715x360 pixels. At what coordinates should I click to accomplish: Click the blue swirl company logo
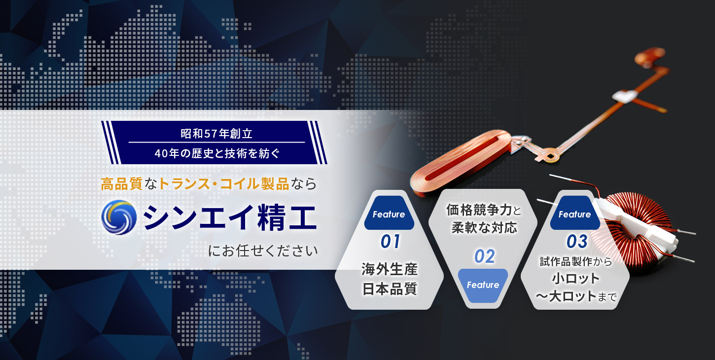(x=119, y=217)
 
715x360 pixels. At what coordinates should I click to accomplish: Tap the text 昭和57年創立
(x=217, y=134)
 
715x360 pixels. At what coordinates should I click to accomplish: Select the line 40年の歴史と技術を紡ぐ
(x=217, y=153)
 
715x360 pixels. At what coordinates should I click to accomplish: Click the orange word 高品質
(x=122, y=184)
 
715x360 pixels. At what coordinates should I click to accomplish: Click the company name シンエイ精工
(x=230, y=217)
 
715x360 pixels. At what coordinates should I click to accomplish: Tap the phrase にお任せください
(x=263, y=251)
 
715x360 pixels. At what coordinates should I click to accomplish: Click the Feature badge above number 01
(x=389, y=213)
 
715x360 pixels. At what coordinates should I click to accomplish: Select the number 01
(x=390, y=242)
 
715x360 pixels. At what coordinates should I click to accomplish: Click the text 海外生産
(x=390, y=269)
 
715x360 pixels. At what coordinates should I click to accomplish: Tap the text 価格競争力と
(x=484, y=210)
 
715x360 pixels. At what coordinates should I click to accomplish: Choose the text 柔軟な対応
(x=484, y=228)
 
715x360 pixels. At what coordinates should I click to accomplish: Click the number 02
(x=485, y=256)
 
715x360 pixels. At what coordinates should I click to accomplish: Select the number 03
(x=577, y=242)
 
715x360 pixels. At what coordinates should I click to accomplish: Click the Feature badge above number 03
(x=575, y=213)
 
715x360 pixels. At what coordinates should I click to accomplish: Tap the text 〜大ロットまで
(x=576, y=296)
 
